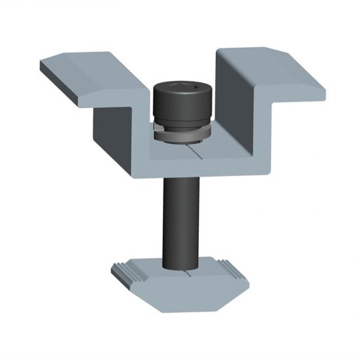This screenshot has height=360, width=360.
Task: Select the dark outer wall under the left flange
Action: pos(115,137)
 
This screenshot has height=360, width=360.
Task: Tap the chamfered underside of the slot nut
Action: pos(183,298)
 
